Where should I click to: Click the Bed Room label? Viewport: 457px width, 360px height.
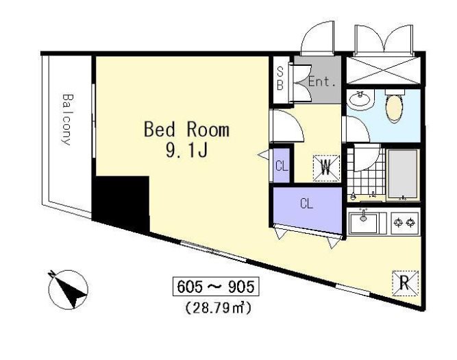[186, 130]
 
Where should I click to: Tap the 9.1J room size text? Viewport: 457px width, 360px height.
[186, 150]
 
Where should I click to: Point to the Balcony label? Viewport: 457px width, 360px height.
[67, 119]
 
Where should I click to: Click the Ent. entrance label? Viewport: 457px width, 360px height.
[322, 82]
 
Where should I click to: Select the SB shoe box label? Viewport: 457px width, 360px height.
[280, 78]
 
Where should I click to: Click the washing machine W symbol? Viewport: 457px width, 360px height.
[326, 168]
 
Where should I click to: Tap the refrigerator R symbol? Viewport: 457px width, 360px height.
[405, 283]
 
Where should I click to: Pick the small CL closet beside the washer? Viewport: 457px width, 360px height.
[282, 166]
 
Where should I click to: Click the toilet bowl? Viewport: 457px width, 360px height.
[394, 107]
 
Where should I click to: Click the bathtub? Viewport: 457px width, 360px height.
[403, 174]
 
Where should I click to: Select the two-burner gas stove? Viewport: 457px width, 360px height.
[405, 223]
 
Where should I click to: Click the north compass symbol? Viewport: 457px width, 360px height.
[68, 289]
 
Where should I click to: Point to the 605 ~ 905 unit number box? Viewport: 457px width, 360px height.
[216, 287]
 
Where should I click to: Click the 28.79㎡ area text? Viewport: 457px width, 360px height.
[218, 308]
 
